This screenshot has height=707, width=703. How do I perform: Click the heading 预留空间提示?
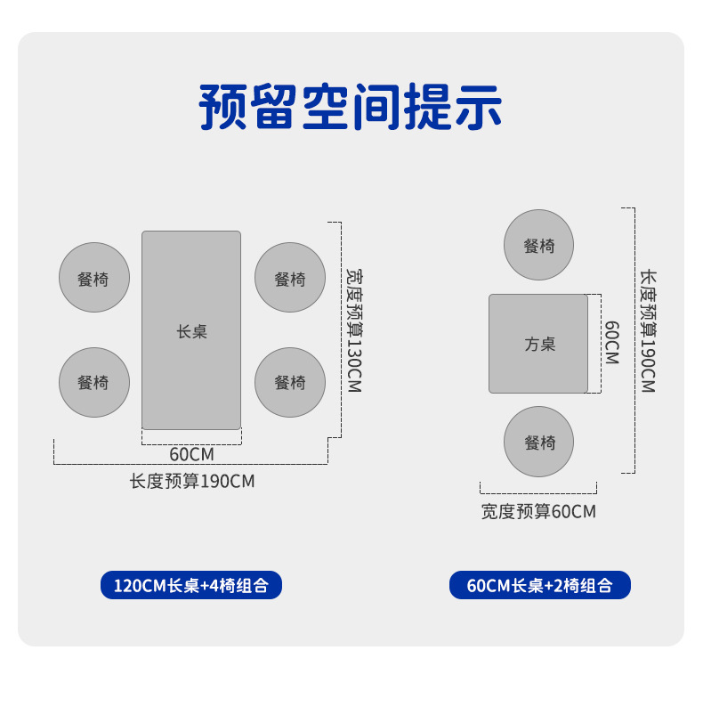tap(351, 108)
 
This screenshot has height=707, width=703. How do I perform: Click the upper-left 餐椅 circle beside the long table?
tap(94, 278)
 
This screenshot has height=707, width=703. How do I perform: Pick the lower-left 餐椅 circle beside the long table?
tap(94, 382)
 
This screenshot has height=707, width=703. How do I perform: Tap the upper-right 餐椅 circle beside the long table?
tap(290, 278)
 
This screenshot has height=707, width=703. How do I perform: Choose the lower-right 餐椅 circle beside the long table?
tap(290, 382)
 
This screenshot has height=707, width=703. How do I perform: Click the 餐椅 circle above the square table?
tap(538, 245)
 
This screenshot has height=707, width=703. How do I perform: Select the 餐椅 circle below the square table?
tap(538, 442)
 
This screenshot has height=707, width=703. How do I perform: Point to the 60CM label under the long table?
tap(190, 454)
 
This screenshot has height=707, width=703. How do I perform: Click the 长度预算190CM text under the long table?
tap(192, 482)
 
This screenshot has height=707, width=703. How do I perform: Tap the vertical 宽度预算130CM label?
tap(354, 330)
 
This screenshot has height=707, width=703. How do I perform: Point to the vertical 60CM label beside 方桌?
tap(611, 343)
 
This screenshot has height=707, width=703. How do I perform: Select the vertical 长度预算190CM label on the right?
tap(647, 330)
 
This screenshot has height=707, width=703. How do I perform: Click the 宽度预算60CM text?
tap(538, 512)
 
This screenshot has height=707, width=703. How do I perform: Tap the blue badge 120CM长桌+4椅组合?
tap(190, 585)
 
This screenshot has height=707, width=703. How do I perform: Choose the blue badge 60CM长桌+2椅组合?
tap(539, 585)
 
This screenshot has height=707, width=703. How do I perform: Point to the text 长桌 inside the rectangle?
tap(191, 331)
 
